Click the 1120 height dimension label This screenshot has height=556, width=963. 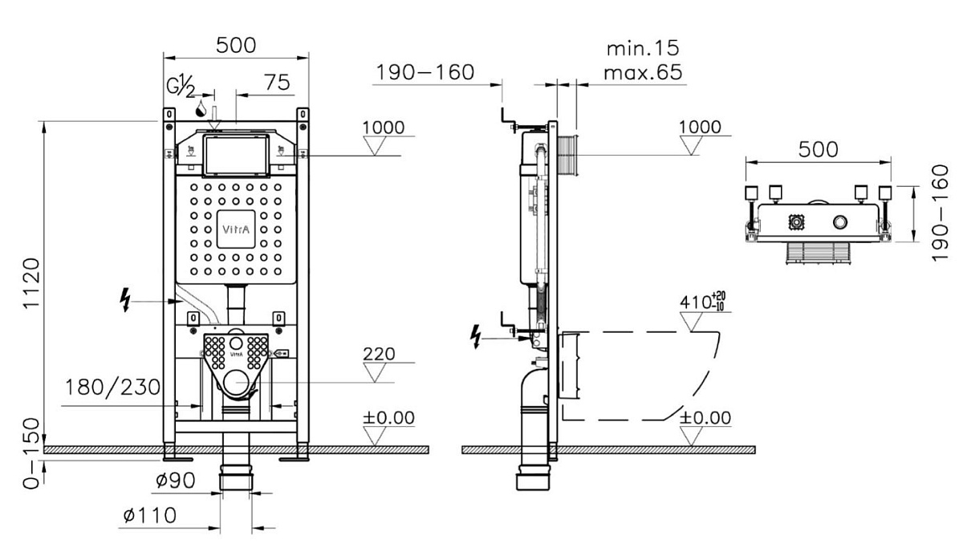click(x=32, y=282)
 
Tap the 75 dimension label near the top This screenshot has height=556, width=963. click(x=277, y=82)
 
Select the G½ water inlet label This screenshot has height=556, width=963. click(x=181, y=86)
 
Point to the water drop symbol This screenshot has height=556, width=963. click(x=201, y=109)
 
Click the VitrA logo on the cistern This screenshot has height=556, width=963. click(x=236, y=229)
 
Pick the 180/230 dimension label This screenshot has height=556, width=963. click(x=112, y=388)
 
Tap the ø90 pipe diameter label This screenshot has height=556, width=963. click(x=176, y=481)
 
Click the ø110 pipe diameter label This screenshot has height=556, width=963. click(x=149, y=515)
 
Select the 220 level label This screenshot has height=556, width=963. click(x=379, y=354)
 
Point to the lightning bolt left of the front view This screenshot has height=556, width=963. click(x=125, y=299)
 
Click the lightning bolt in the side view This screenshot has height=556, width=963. click(x=475, y=336)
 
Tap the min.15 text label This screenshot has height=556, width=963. click(x=643, y=48)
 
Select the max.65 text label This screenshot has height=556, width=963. click(x=643, y=72)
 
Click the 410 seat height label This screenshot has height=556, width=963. click(x=702, y=301)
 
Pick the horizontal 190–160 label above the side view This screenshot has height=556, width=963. click(x=425, y=72)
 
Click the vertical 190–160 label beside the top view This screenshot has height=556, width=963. click(x=941, y=213)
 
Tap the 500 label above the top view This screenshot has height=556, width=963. click(x=818, y=149)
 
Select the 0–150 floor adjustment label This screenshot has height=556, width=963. click(x=32, y=453)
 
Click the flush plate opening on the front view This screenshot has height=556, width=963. click(x=236, y=155)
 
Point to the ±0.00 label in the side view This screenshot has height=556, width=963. click(x=705, y=418)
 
